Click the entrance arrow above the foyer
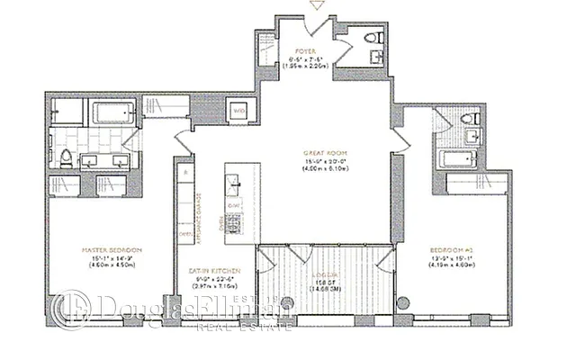315,6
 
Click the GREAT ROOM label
325,153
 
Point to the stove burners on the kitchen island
232,219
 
